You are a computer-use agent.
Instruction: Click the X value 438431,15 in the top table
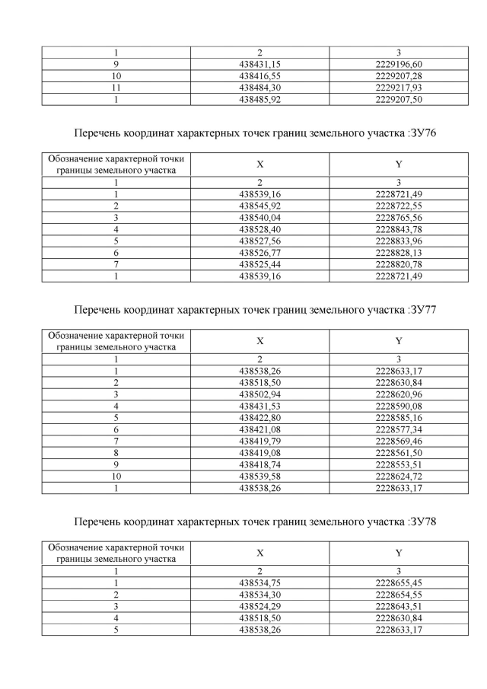pos(259,65)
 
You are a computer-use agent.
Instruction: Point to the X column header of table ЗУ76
pos(259,164)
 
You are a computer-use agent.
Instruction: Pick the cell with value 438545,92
pos(259,206)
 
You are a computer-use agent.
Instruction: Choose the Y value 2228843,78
pos(399,228)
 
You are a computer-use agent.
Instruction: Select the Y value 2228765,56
pos(399,217)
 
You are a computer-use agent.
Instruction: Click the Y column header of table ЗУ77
pos(399,341)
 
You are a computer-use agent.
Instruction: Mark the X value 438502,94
pos(259,394)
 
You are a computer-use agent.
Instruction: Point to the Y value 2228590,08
pos(399,405)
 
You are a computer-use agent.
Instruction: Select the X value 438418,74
pos(259,464)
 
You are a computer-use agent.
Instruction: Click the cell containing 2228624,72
pos(399,476)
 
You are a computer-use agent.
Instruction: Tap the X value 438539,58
pos(259,476)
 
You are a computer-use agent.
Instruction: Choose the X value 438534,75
pos(259,582)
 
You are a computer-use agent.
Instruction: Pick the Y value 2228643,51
pos(399,605)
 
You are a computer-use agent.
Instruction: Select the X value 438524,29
pos(259,605)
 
